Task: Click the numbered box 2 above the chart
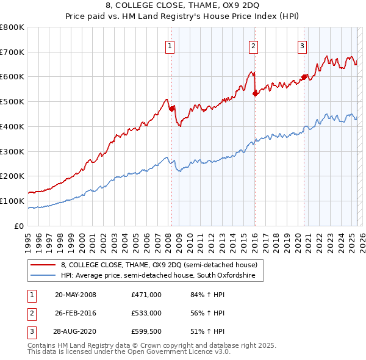(253, 45)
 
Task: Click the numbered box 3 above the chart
(303, 45)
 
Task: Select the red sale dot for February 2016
(255, 93)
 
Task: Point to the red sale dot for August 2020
(304, 77)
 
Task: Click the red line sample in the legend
(43, 265)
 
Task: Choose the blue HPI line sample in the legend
(43, 276)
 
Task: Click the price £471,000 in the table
(146, 295)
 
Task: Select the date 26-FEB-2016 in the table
(76, 313)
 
